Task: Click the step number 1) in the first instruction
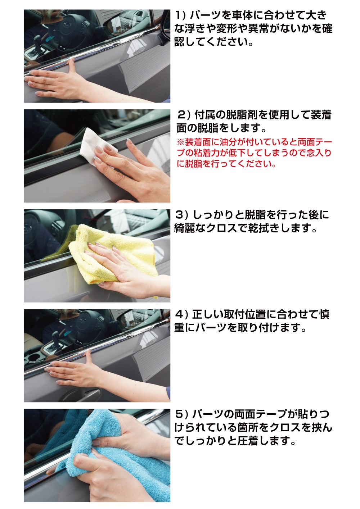(180, 15)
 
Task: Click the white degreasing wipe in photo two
(95, 147)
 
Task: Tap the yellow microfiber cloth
(115, 252)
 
